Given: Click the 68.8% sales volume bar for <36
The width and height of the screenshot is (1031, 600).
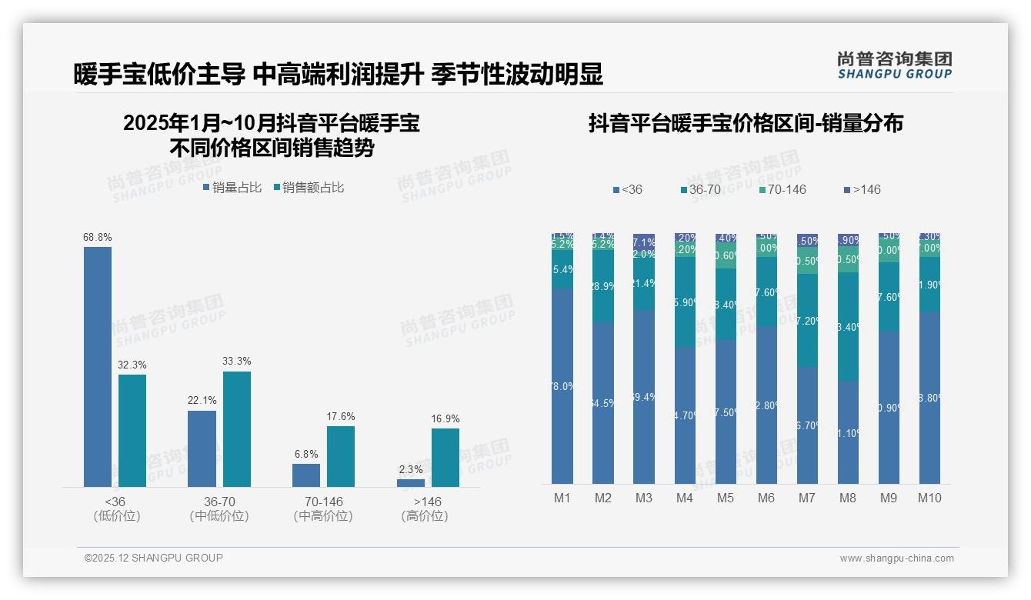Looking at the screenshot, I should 98,366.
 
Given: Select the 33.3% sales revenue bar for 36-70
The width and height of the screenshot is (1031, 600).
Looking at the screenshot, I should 237,429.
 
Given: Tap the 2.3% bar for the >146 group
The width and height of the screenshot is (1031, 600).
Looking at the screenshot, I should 411,482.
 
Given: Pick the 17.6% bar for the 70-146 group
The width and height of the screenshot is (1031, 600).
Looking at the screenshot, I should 341,456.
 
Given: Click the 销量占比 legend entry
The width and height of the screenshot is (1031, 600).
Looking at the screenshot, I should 232,188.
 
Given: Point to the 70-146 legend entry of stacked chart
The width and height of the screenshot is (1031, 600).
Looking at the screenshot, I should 782,189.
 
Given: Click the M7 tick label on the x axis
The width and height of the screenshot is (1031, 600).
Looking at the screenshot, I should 806,498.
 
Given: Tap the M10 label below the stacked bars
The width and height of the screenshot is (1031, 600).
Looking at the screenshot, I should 929,498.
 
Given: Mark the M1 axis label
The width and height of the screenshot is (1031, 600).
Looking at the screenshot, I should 562,498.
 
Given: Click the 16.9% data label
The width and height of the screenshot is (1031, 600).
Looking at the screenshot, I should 445,419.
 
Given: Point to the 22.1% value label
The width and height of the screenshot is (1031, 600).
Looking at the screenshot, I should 202,401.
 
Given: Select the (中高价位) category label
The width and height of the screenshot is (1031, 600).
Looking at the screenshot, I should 323,516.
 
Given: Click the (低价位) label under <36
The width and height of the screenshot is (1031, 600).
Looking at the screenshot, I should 117,516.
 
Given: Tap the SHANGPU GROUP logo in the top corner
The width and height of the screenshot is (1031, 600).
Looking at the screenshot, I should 894,65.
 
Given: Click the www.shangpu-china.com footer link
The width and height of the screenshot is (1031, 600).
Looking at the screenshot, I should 896,558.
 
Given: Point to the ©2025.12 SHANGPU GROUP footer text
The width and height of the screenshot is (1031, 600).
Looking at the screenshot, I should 154,558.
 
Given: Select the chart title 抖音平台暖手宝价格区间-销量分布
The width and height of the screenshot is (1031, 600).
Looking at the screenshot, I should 746,123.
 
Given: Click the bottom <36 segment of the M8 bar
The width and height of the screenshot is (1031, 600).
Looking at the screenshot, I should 848,432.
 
